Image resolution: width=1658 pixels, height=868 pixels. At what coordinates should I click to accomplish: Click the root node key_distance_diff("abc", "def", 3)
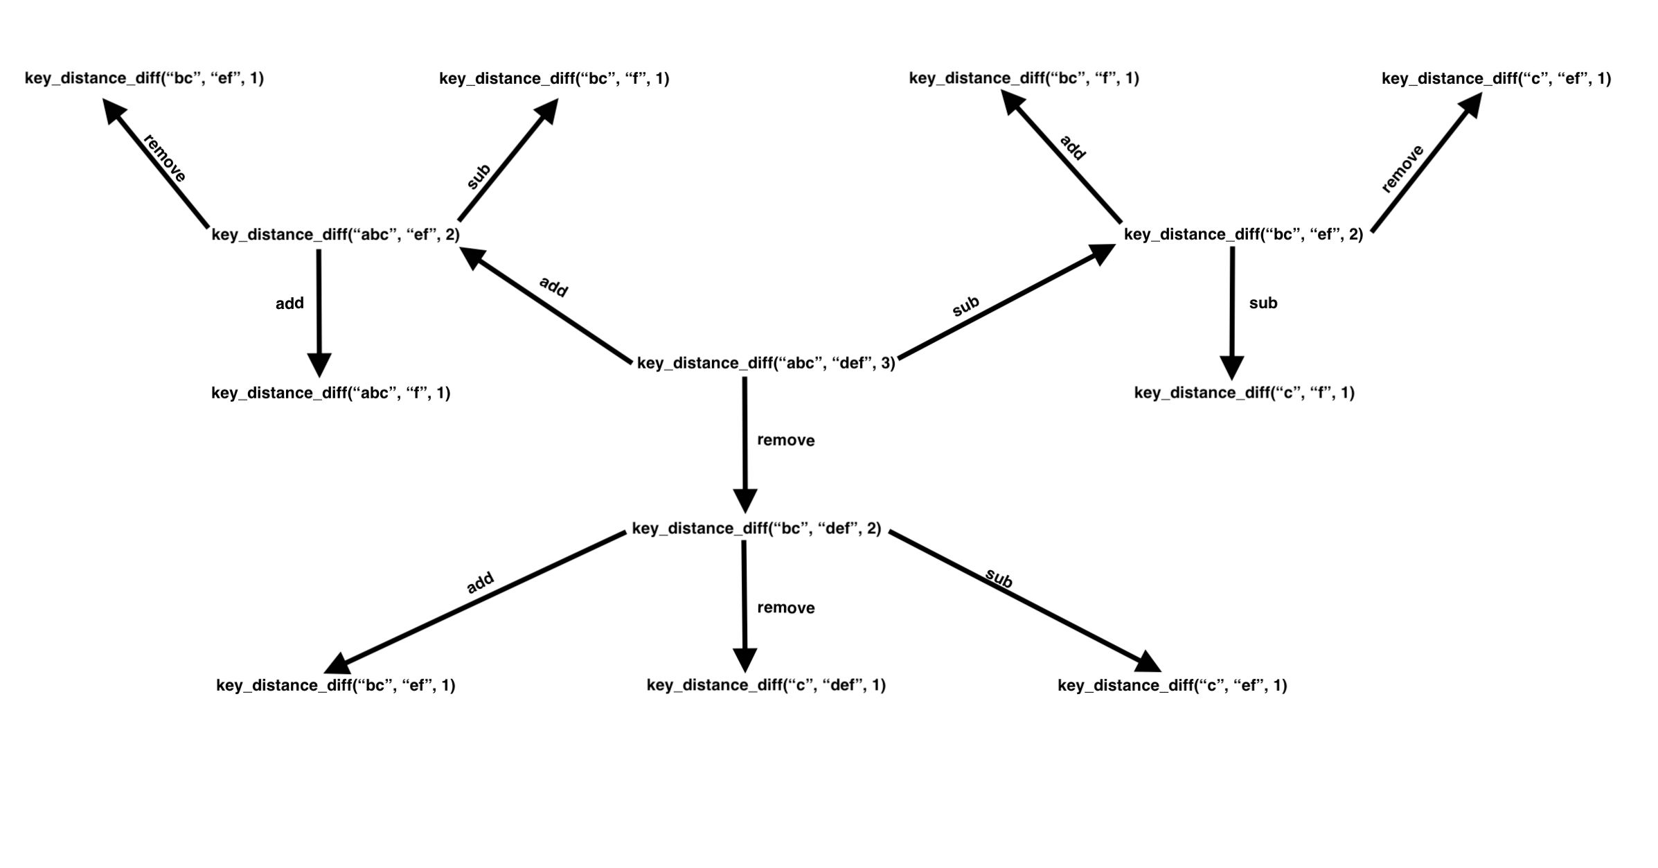point(765,363)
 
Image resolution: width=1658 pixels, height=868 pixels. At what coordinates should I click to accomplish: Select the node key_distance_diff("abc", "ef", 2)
point(335,235)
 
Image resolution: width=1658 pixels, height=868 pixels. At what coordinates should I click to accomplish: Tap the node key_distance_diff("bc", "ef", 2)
point(1243,235)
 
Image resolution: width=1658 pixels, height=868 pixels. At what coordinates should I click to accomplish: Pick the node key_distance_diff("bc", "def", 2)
point(756,529)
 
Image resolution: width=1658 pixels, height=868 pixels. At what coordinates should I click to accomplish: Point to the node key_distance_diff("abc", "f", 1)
point(330,393)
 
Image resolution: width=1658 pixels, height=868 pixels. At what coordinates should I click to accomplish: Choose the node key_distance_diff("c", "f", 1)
point(1244,393)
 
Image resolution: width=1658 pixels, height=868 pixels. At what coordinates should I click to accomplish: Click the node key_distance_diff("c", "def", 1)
point(766,685)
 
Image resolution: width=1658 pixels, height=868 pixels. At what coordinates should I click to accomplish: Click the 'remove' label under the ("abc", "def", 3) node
point(785,441)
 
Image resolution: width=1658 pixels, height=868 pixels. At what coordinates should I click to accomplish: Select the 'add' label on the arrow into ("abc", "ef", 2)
point(553,287)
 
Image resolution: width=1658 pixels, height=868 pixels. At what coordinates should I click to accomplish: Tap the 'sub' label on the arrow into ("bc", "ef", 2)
point(965,306)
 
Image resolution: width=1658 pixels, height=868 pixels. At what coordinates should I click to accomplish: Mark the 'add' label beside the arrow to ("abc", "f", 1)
point(289,303)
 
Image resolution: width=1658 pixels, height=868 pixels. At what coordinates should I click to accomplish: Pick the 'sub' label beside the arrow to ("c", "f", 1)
point(1263,303)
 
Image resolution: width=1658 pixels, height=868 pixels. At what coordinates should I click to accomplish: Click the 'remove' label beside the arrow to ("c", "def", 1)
point(785,608)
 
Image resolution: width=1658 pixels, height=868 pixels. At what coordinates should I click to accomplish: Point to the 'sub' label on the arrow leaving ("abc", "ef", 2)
point(479,177)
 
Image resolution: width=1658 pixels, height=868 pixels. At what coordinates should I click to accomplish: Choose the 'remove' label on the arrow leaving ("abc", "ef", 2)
point(164,159)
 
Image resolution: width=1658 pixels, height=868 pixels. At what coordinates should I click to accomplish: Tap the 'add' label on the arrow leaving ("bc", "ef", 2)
point(1072,148)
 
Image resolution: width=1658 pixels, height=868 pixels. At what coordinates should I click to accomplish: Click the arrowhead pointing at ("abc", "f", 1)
point(319,364)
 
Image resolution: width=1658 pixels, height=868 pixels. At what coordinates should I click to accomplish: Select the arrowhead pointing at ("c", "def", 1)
point(745,659)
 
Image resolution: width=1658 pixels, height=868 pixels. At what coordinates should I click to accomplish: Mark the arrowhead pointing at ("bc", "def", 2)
point(745,500)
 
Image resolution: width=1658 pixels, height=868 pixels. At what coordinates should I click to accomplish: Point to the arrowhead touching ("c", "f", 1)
point(1231,367)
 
